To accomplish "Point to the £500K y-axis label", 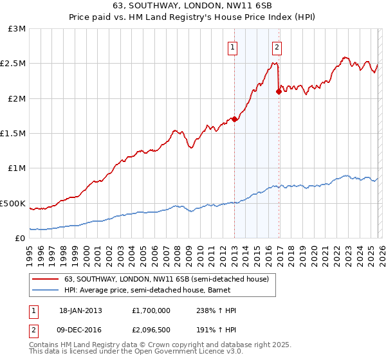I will [x=14, y=203].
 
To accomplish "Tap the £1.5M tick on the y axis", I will [x=15, y=134].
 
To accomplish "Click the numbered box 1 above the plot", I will [x=232, y=46].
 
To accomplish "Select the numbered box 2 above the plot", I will [x=277, y=46].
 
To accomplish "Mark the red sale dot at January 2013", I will [x=234, y=119].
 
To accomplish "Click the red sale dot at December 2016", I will [x=279, y=92].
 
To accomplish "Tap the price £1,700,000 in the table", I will [x=151, y=310].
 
